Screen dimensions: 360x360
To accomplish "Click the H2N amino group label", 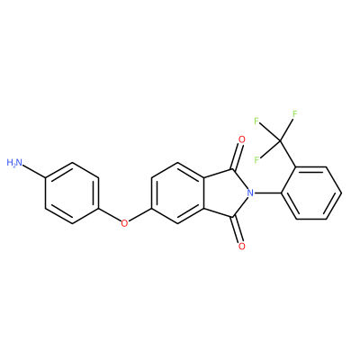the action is pos(14,163).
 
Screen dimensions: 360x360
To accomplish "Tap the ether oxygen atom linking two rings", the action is pos(124,223).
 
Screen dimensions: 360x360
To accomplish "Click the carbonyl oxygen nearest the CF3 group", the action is pos(242,139).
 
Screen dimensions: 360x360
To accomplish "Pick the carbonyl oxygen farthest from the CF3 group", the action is pos(242,247).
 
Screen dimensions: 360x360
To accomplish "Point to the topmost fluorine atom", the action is pos(294,114).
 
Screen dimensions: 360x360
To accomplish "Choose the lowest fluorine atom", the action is pos(256,159).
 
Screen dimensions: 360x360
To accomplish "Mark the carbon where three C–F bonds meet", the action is pos(281,140).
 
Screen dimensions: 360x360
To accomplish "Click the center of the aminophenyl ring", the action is pos(72,193).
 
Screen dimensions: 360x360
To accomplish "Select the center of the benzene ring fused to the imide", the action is pos(178,193).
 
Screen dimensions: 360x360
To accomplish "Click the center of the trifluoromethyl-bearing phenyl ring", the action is pos(311,193).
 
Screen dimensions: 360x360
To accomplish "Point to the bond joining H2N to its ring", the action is pos(34,171).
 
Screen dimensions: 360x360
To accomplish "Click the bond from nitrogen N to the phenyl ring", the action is pos(267,193).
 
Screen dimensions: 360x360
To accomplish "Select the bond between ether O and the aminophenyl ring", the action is pos(110,215).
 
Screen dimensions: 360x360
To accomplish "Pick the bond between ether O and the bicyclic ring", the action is pos(139,215).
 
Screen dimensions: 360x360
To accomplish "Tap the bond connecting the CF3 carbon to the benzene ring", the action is pos(289,154).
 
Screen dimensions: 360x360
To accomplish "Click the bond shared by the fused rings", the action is pos(204,193).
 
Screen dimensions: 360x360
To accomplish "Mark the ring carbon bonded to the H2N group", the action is pos(46,178).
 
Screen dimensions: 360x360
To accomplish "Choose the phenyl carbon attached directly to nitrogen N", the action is pos(282,193).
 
